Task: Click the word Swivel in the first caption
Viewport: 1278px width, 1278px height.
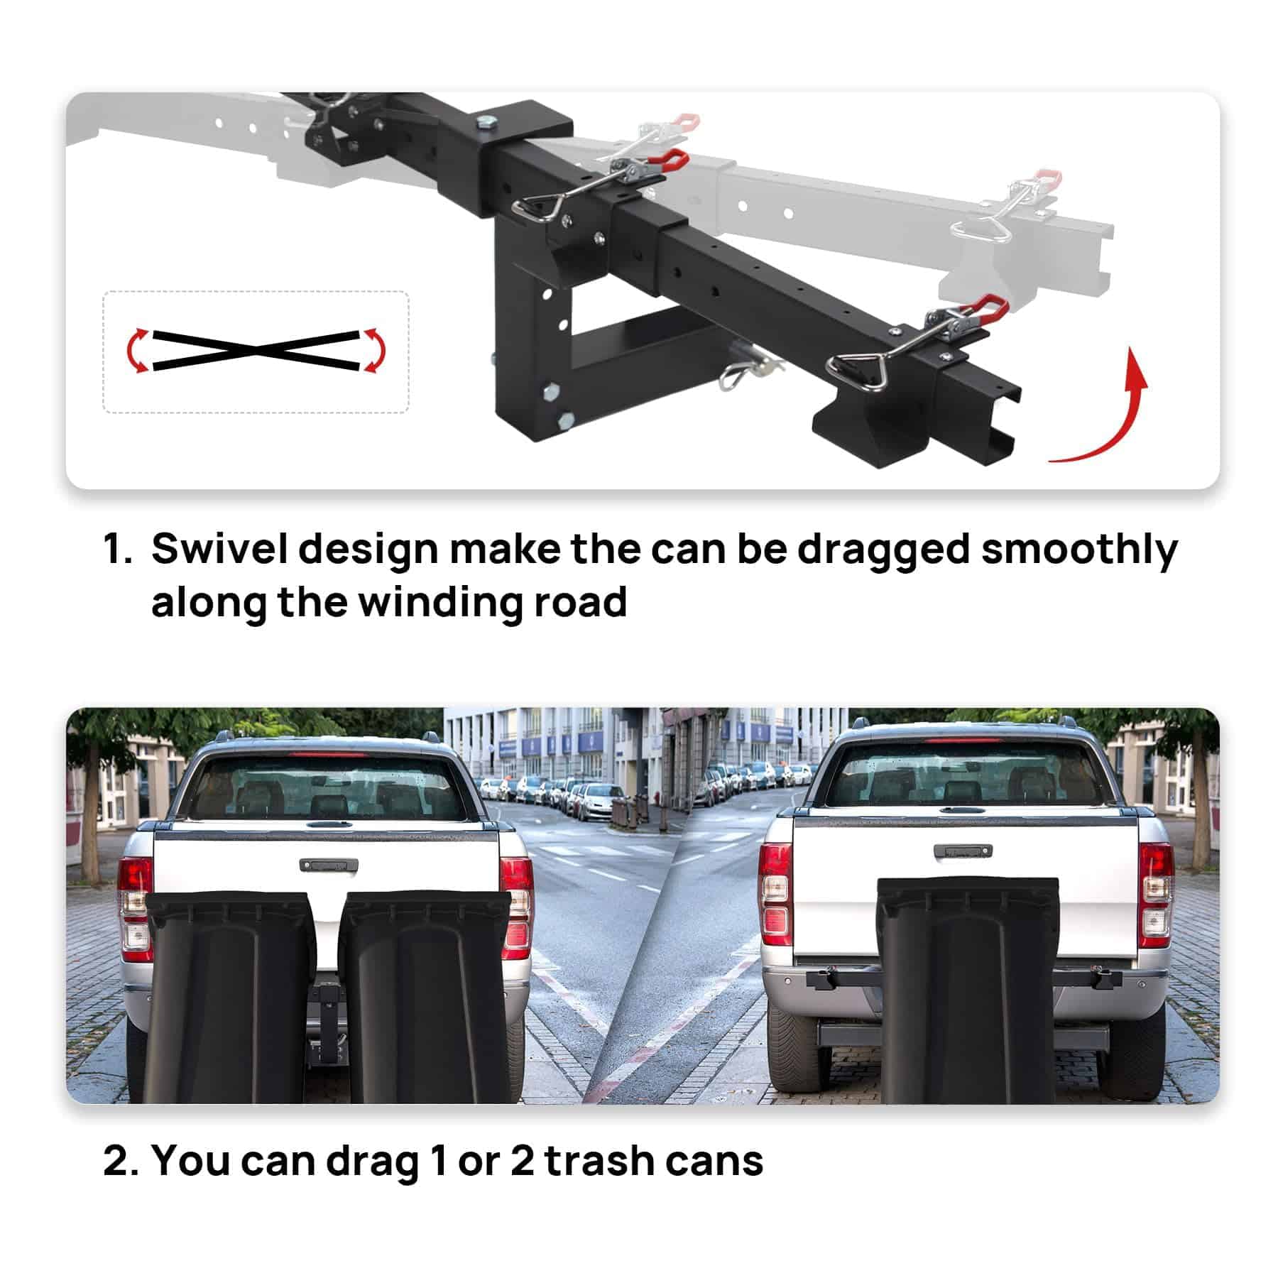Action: pyautogui.click(x=219, y=550)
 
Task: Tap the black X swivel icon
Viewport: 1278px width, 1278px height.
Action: pyautogui.click(x=255, y=350)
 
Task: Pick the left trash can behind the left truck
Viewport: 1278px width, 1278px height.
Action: pyautogui.click(x=231, y=998)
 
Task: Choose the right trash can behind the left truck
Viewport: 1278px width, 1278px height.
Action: pyautogui.click(x=425, y=998)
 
